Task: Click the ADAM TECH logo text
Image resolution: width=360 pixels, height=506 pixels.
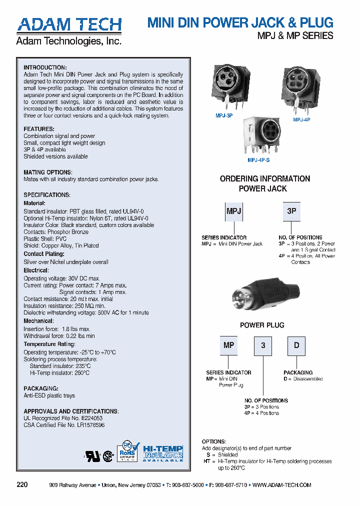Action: [x=69, y=24]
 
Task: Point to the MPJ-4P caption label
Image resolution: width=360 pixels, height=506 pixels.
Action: [x=301, y=120]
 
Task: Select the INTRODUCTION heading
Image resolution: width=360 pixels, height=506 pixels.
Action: [x=45, y=67]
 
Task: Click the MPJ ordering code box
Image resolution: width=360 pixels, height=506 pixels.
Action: [x=234, y=211]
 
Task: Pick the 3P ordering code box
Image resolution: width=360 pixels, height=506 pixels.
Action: [x=292, y=211]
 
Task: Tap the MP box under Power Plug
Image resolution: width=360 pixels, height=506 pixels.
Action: [x=229, y=345]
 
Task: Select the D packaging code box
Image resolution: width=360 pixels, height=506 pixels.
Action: [x=296, y=345]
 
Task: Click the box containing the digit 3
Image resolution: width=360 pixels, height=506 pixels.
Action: [x=263, y=345]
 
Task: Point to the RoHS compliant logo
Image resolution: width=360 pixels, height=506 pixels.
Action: [x=127, y=451]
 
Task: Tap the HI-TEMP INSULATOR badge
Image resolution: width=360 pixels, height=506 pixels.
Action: [x=163, y=452]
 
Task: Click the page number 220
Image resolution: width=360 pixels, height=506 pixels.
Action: [x=22, y=485]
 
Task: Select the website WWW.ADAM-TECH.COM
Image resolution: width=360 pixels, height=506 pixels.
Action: [x=282, y=485]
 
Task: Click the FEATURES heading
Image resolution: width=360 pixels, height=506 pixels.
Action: [x=38, y=129]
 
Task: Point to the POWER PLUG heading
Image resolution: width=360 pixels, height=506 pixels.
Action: [x=262, y=325]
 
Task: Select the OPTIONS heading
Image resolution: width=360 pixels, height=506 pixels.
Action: [x=214, y=442]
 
